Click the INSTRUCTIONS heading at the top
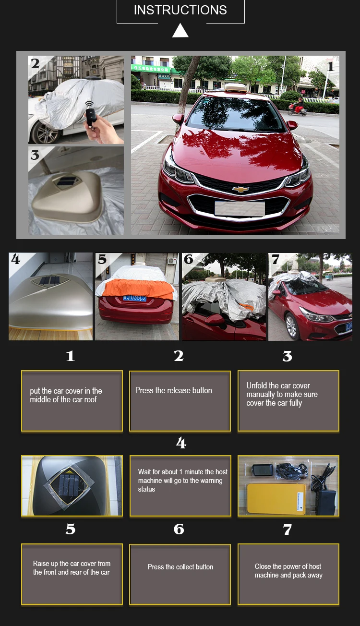[x=180, y=10]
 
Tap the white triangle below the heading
[x=180, y=31]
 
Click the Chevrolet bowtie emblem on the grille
[x=240, y=189]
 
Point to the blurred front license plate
[x=240, y=209]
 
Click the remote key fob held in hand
[x=91, y=113]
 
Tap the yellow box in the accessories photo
[x=276, y=498]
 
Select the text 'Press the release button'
[x=173, y=390]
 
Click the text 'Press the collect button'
[x=180, y=567]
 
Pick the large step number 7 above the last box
[x=287, y=530]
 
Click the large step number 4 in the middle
[x=181, y=443]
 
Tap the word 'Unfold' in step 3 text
[x=256, y=385]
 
